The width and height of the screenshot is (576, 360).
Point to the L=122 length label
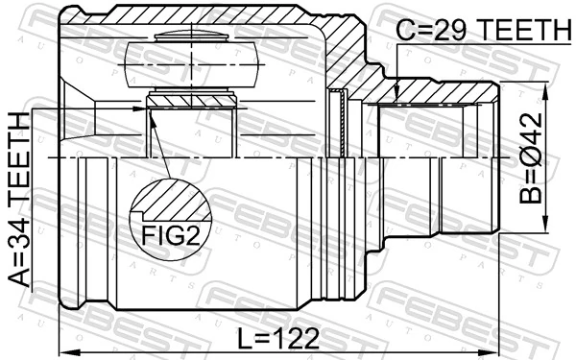(x=279, y=337)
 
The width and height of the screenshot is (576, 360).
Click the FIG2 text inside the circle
(x=170, y=235)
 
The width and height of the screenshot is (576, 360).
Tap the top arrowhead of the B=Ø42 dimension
(x=544, y=89)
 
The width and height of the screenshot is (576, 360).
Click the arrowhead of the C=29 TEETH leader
(x=397, y=95)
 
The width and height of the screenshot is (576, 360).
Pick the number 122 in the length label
(x=297, y=337)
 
